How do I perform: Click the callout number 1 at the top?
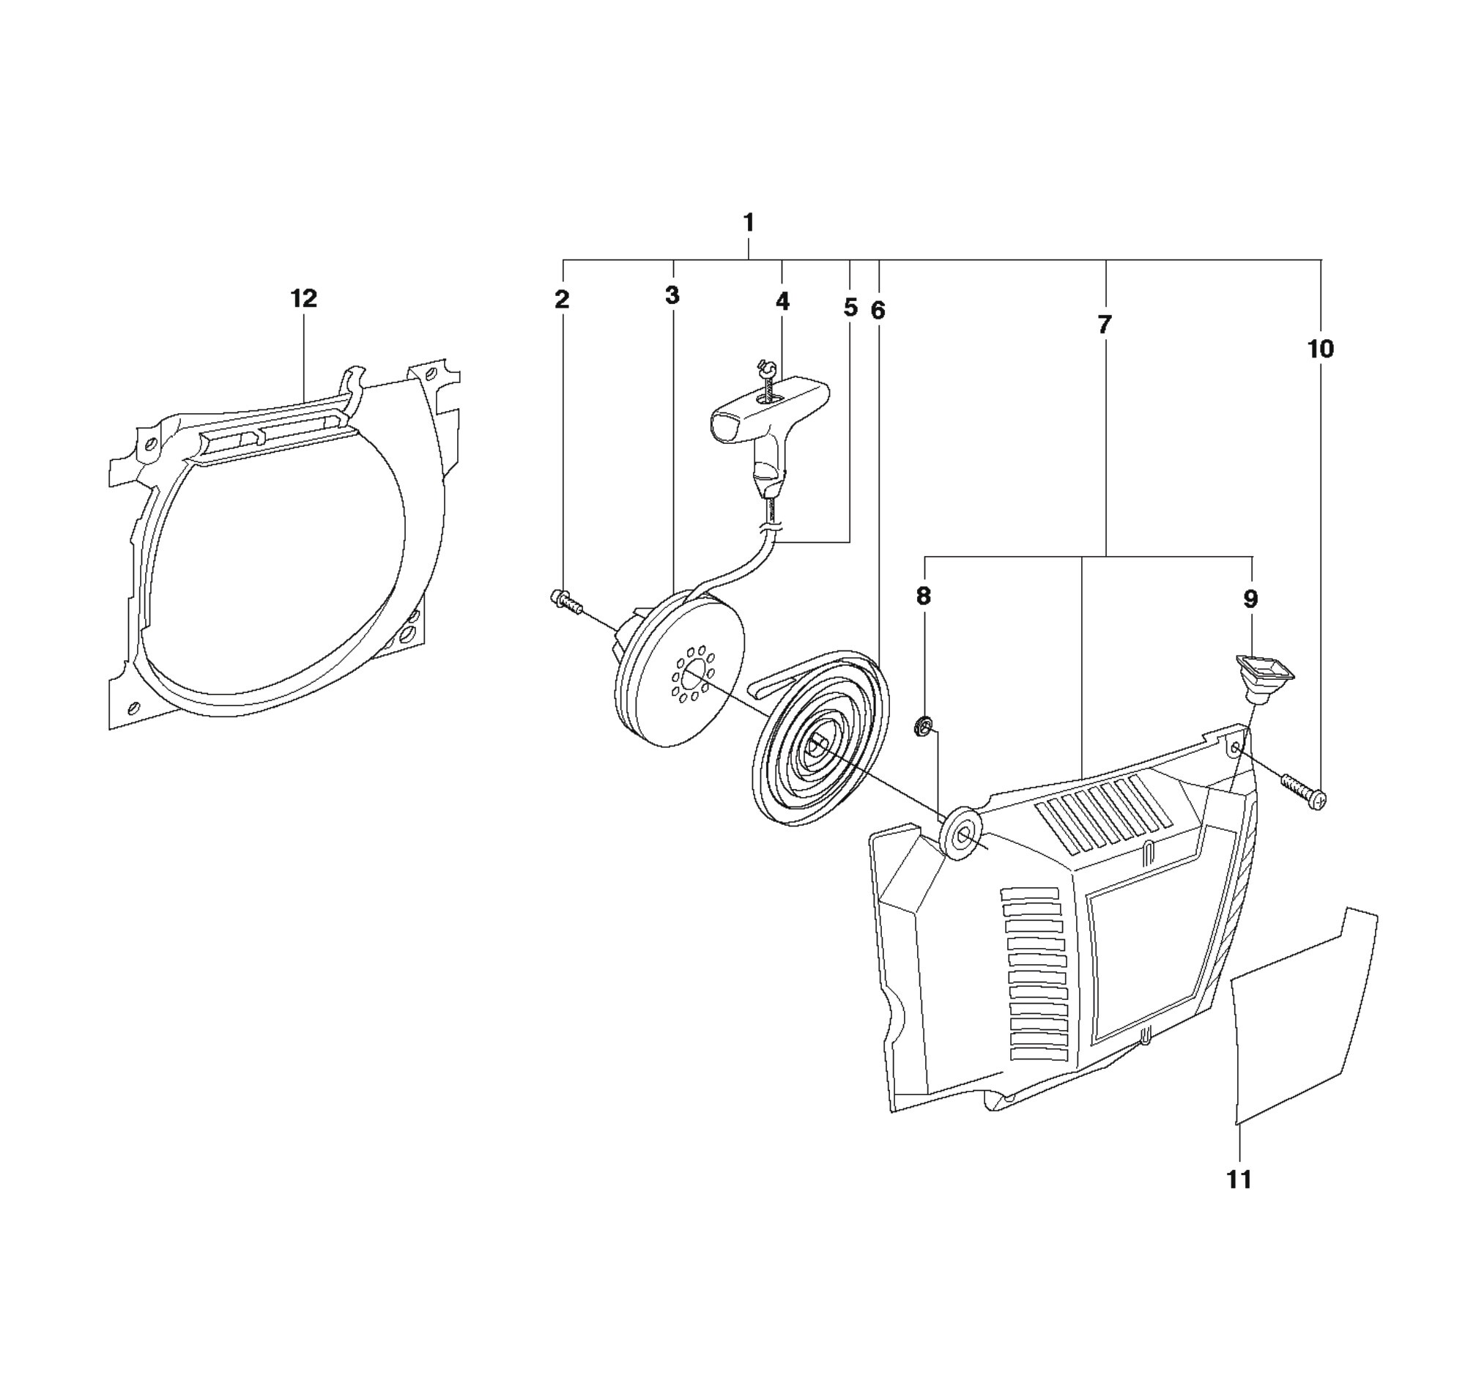pyautogui.click(x=749, y=222)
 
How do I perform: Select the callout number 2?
pyautogui.click(x=562, y=300)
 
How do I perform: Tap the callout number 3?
pyautogui.click(x=672, y=295)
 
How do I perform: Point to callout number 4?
pyautogui.click(x=782, y=301)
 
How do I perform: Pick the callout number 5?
pyautogui.click(x=850, y=307)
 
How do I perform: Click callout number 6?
pyautogui.click(x=878, y=311)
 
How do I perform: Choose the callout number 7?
pyautogui.click(x=1105, y=325)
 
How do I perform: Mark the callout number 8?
pyautogui.click(x=923, y=596)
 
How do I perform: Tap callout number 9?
pyautogui.click(x=1250, y=599)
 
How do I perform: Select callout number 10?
pyautogui.click(x=1321, y=349)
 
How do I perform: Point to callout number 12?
pyautogui.click(x=303, y=298)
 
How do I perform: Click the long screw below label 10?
pyautogui.click(x=1304, y=791)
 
